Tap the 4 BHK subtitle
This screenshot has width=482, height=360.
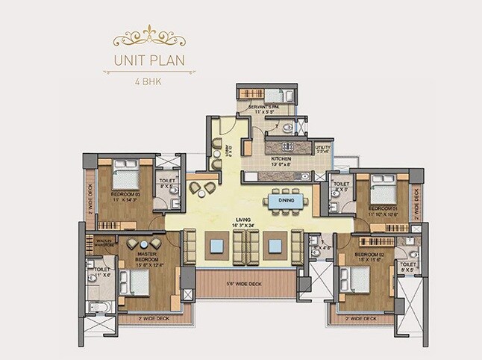click(x=149, y=80)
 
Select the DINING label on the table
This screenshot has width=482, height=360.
click(x=286, y=200)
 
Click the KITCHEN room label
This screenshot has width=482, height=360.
click(x=281, y=160)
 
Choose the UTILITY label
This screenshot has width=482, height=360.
click(x=322, y=149)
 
